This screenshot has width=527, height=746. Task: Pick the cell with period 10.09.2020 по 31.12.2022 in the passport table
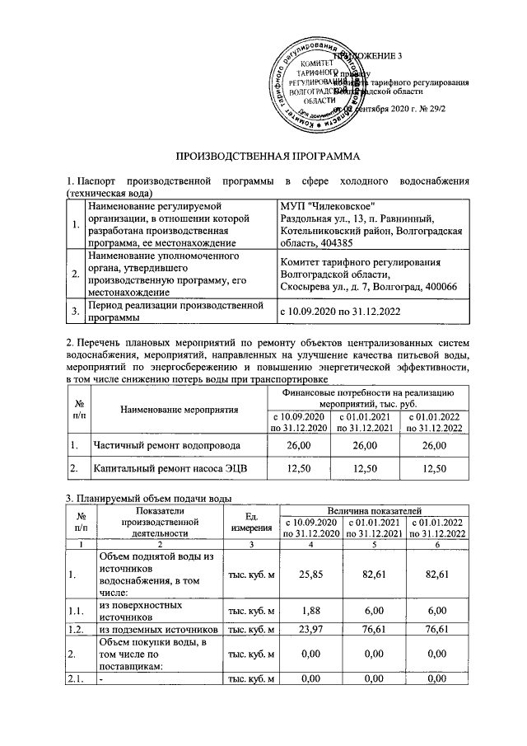pyautogui.click(x=341, y=312)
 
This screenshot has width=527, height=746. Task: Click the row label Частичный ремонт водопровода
pyautogui.click(x=166, y=445)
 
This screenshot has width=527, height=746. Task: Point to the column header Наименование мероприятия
pyautogui.click(x=179, y=409)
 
